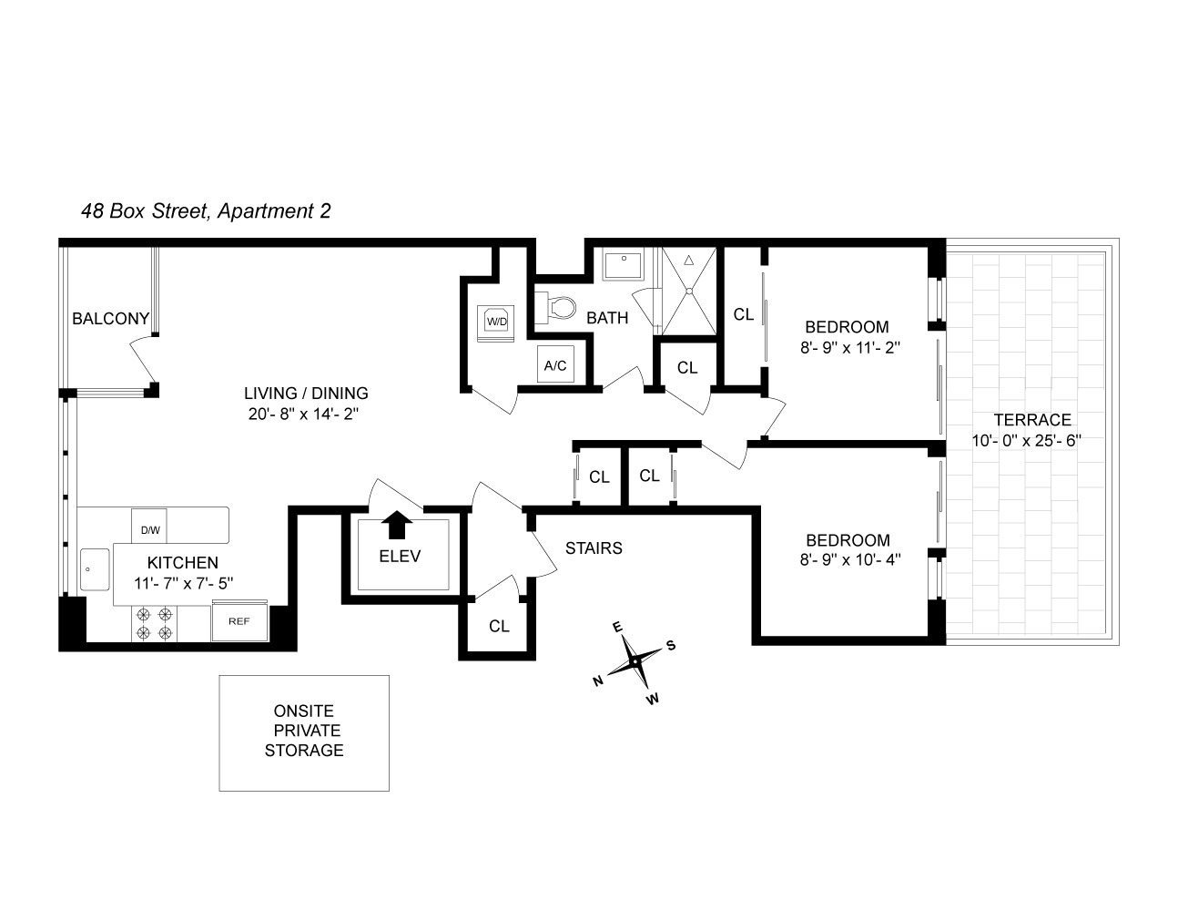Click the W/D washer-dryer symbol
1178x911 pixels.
point(496,321)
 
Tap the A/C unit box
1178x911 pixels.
point(555,365)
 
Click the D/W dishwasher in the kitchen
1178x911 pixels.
point(149,527)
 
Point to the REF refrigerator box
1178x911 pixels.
point(239,621)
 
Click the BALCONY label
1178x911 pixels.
point(110,319)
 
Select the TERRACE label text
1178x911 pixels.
point(1031,420)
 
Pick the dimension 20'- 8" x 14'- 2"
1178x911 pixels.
point(306,415)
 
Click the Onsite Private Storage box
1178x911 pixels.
point(304,732)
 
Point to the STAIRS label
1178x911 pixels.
point(594,548)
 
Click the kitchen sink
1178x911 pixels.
point(92,571)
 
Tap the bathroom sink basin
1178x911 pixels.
point(624,264)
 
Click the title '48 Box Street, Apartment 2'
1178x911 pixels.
point(206,211)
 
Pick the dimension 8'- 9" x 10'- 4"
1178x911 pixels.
point(850,560)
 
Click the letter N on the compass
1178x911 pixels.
point(598,681)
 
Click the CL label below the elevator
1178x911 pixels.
point(499,627)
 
